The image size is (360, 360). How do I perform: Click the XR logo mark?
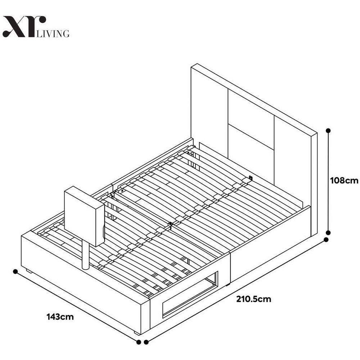(24, 27)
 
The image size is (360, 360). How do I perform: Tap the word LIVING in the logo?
(53, 33)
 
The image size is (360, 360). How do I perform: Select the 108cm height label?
(344, 180)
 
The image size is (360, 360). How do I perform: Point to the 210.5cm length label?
(254, 299)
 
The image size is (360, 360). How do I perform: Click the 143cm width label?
(60, 317)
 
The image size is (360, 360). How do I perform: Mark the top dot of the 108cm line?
(328, 130)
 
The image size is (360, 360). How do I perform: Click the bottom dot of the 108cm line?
(328, 233)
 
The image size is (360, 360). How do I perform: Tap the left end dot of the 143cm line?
(15, 271)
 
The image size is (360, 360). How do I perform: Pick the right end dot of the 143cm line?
(139, 342)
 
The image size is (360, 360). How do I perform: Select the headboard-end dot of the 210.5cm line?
(326, 239)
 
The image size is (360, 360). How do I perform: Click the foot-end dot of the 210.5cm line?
(146, 342)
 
